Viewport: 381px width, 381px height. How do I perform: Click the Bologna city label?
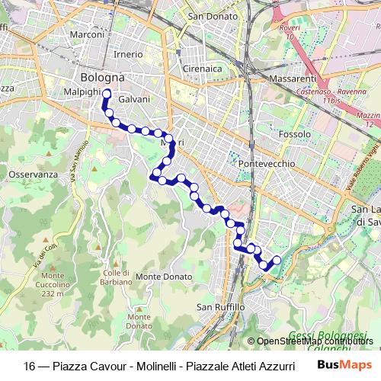pyautogui.click(x=102, y=78)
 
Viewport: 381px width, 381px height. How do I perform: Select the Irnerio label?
pyautogui.click(x=127, y=55)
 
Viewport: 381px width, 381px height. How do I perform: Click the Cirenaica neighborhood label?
pyautogui.click(x=200, y=69)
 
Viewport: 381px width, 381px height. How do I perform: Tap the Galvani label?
pyautogui.click(x=135, y=99)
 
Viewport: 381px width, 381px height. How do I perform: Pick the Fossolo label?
pyautogui.click(x=294, y=134)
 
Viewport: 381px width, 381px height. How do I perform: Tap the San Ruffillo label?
pyautogui.click(x=220, y=307)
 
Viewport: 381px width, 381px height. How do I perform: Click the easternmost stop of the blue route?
pyautogui.click(x=277, y=261)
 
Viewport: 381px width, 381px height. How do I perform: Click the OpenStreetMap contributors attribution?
pyautogui.click(x=312, y=341)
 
